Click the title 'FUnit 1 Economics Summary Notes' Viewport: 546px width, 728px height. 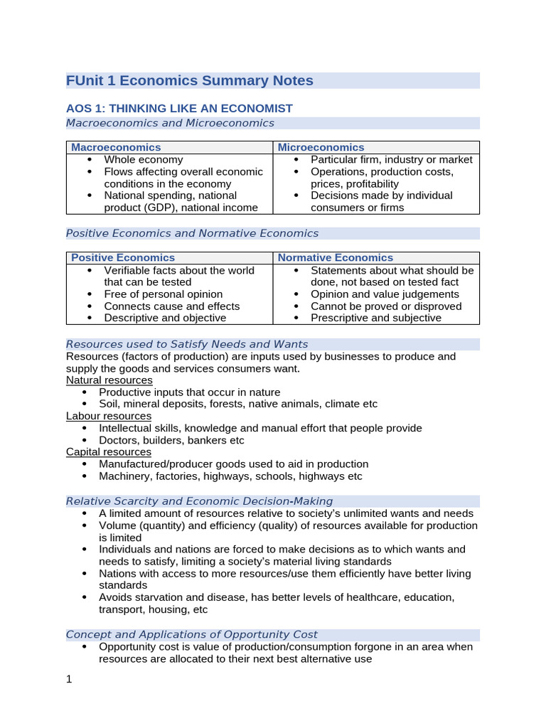tap(189, 80)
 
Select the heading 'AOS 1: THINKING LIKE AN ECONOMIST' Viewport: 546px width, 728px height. tap(179, 108)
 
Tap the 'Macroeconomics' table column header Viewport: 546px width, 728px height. tap(116, 147)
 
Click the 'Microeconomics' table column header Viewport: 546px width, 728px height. tap(321, 147)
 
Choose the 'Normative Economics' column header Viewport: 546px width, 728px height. tap(335, 257)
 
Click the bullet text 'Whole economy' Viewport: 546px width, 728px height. tap(143, 160)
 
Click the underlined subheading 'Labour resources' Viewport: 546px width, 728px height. tap(109, 416)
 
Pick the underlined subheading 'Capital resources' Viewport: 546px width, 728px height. tap(109, 451)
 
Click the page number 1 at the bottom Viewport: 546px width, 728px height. tap(69, 679)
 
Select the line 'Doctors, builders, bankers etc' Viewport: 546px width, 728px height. tap(171, 440)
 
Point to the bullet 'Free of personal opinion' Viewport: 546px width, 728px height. tap(163, 294)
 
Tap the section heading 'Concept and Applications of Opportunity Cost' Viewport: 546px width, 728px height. tap(192, 634)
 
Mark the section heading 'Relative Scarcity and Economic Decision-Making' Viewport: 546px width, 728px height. tap(199, 501)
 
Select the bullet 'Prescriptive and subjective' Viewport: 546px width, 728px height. tap(376, 318)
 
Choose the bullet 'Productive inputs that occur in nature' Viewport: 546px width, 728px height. tap(190, 392)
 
